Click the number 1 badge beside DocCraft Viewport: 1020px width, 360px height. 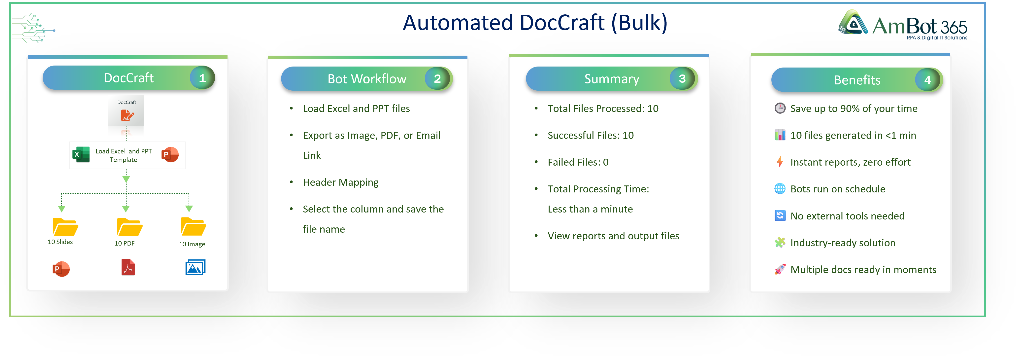(x=202, y=78)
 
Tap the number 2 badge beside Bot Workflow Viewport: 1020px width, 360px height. (x=437, y=79)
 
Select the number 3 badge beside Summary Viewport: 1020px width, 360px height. (x=682, y=79)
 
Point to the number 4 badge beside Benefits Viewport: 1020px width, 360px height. (x=927, y=80)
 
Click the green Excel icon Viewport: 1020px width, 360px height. (x=81, y=154)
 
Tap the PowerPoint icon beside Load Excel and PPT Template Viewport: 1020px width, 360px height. (x=170, y=154)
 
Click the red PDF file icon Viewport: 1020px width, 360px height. (x=128, y=267)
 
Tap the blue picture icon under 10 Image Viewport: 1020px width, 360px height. (x=195, y=267)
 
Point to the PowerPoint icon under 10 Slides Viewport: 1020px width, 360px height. (x=61, y=269)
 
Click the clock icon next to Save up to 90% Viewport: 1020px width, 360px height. (x=780, y=108)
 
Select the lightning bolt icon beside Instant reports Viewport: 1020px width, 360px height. (x=780, y=162)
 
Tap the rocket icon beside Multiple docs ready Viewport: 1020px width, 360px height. (x=780, y=270)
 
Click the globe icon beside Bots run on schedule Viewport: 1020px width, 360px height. (x=780, y=189)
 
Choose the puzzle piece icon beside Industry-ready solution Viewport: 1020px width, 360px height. (x=780, y=242)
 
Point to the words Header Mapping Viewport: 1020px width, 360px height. (x=340, y=182)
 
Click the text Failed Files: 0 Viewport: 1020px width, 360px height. (x=578, y=162)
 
